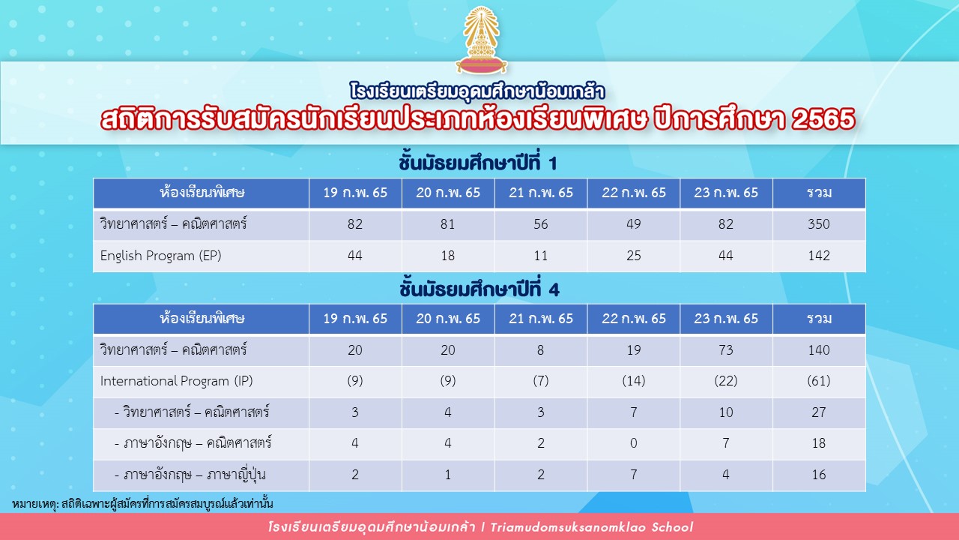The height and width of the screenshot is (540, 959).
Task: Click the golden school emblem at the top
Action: [x=481, y=40]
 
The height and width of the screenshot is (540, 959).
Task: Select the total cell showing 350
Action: [x=819, y=223]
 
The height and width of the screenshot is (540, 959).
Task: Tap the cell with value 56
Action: [x=541, y=223]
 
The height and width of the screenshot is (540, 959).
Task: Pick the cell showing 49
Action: [x=634, y=223]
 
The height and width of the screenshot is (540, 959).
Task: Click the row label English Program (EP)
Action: [x=160, y=256]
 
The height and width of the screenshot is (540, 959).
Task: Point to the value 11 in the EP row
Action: [x=541, y=256]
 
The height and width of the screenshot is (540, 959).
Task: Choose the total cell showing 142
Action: [x=819, y=256]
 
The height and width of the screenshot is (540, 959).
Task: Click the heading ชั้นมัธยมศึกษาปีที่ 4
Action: [x=479, y=289]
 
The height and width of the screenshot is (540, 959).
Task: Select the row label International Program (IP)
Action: [x=176, y=381]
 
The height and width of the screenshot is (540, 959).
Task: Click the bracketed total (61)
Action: [x=819, y=380]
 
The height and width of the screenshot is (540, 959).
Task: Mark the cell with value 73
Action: [x=726, y=349]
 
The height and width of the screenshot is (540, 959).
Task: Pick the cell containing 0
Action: [x=634, y=442]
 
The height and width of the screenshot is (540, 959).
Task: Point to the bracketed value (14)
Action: [x=634, y=380]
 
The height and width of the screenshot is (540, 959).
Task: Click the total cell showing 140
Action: [x=819, y=349]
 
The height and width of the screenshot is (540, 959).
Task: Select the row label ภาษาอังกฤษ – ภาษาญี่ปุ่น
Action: [x=190, y=475]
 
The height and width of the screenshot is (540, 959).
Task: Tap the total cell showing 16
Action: [x=819, y=475]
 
